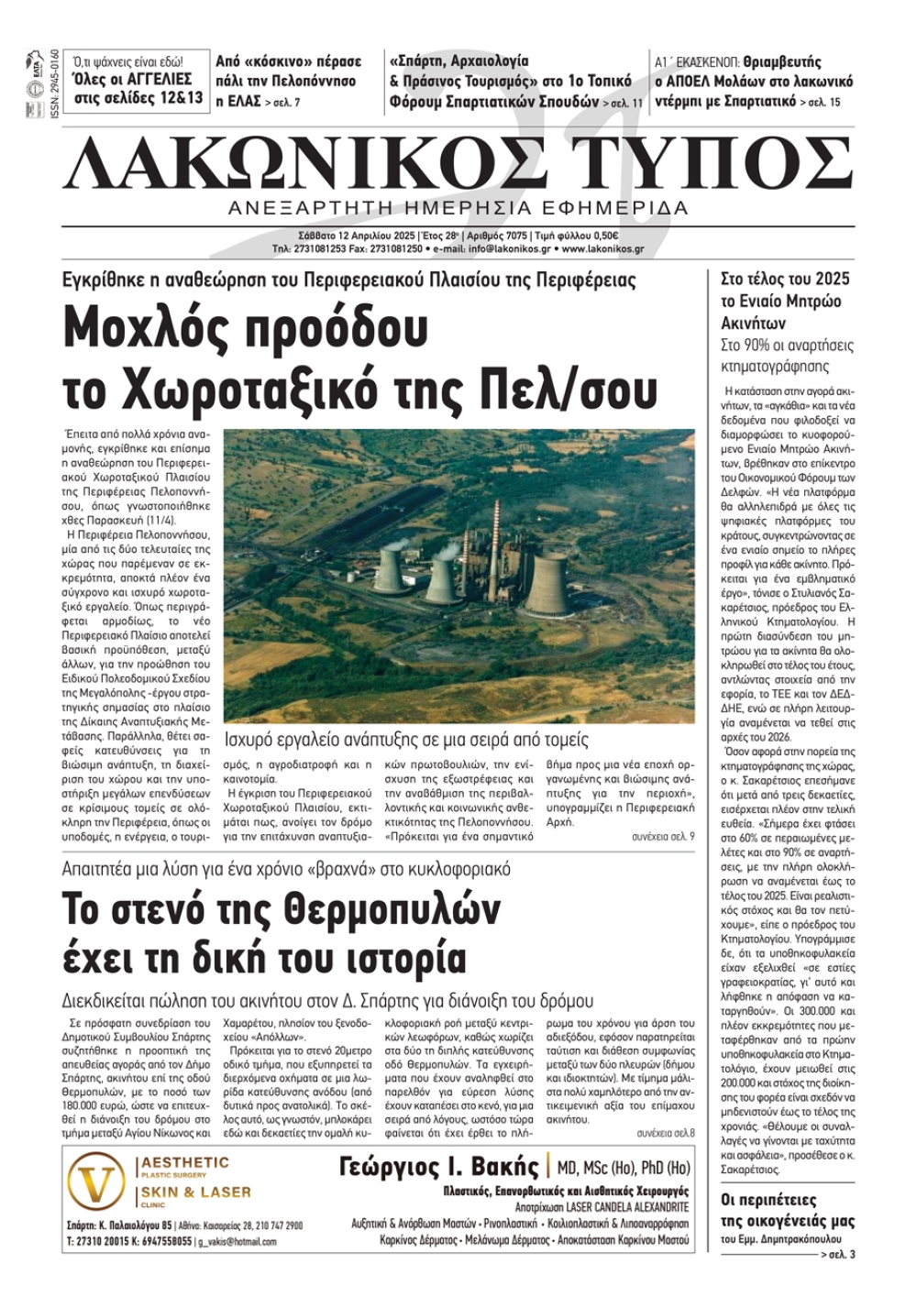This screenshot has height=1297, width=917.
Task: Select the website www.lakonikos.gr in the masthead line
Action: tap(602, 248)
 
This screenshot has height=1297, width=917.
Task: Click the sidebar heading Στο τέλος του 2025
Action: tap(785, 279)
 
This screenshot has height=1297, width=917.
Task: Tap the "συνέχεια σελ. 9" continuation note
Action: tap(662, 837)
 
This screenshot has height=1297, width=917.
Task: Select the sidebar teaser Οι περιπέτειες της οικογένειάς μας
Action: tap(787, 1210)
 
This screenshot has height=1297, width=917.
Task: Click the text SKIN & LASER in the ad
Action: tap(195, 1192)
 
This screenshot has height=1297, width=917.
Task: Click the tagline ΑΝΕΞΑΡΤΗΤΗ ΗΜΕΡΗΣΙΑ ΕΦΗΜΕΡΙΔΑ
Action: tap(458, 208)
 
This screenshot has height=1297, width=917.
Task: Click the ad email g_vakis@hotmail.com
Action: tap(237, 1241)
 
